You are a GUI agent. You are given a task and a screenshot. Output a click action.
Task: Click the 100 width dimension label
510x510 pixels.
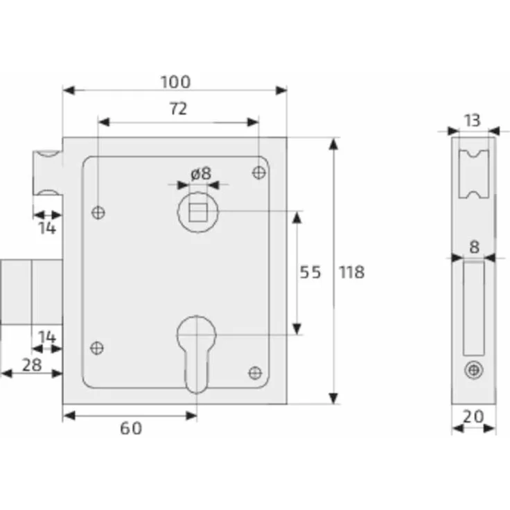[175, 82]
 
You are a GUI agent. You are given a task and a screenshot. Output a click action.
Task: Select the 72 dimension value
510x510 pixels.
[177, 109]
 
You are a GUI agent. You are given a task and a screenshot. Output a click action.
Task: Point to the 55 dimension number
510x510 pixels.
[310, 272]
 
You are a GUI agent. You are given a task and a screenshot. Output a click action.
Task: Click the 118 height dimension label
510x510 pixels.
[351, 272]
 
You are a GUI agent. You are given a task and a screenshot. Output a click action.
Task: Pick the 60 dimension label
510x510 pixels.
[130, 428]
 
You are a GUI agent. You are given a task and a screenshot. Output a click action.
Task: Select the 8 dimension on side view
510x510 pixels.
[474, 246]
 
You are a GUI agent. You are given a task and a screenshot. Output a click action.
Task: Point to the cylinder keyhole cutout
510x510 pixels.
[197, 350]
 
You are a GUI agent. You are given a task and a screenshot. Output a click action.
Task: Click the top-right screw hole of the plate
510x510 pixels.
[259, 172]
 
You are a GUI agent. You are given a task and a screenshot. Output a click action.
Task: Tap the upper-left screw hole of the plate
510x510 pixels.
[98, 213]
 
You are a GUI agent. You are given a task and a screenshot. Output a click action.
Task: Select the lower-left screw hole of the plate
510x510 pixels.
[98, 348]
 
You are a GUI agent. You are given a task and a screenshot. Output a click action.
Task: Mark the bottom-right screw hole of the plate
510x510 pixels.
[255, 373]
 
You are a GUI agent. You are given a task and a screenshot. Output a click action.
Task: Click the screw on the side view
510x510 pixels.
[473, 371]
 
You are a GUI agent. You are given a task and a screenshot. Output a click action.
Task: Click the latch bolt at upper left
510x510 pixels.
[47, 172]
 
